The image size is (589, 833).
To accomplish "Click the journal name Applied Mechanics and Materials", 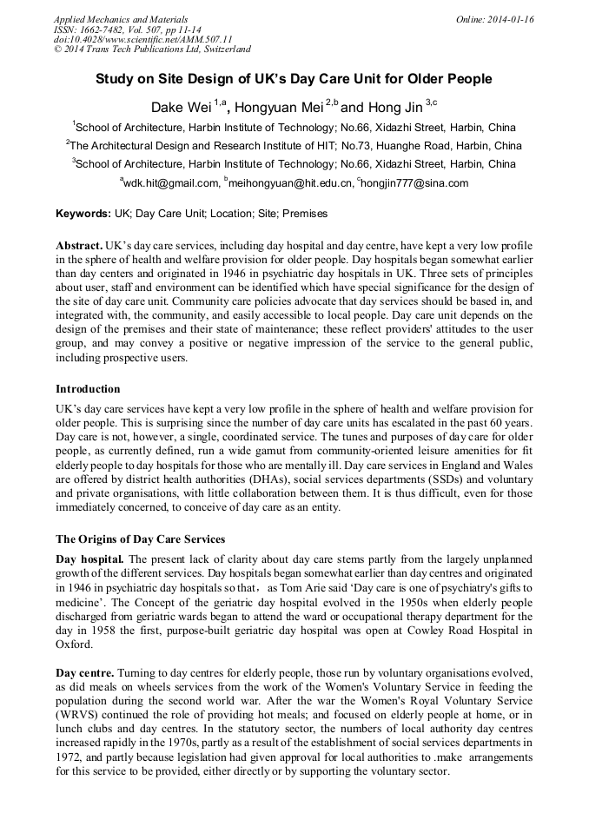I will [x=120, y=19].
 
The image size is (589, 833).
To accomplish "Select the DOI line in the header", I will [x=142, y=39].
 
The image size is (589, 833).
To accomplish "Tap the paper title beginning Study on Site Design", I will [x=294, y=79].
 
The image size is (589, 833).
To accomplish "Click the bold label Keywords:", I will [x=83, y=214].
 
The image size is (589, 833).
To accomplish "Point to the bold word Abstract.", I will [x=79, y=247].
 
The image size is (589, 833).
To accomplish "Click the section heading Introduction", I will [x=88, y=389].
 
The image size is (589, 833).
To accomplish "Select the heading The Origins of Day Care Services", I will [x=140, y=539].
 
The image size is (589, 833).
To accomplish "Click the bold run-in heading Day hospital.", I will [x=89, y=559].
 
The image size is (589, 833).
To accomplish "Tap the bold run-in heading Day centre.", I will [x=84, y=674].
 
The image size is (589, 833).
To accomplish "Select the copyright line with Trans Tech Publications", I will [x=152, y=50].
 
